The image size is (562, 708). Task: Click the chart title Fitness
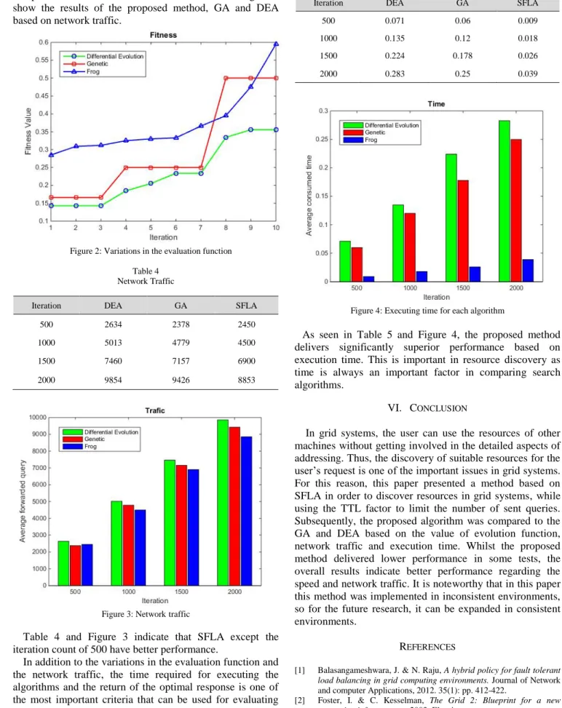click(x=164, y=35)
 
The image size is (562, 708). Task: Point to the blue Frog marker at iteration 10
click(x=276, y=44)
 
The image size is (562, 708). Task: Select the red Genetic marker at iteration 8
click(x=226, y=78)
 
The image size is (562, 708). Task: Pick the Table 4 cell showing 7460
click(x=113, y=361)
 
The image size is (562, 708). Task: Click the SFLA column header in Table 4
click(x=246, y=306)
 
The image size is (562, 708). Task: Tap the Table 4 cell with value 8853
click(x=246, y=380)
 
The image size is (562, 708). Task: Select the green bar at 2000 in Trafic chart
click(x=223, y=503)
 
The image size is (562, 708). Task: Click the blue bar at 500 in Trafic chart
click(x=87, y=565)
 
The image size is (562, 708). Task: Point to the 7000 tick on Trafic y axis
click(x=38, y=468)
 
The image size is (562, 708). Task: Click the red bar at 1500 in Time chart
click(x=462, y=231)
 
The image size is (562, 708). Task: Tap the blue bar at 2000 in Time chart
click(x=528, y=271)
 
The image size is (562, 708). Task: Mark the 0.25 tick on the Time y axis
click(x=322, y=140)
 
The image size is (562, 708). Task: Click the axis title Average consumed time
click(x=309, y=196)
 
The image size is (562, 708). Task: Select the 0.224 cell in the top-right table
click(x=395, y=55)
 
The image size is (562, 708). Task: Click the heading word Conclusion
click(x=438, y=408)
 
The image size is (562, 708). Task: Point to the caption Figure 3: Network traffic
click(x=146, y=614)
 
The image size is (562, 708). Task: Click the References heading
click(x=427, y=647)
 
